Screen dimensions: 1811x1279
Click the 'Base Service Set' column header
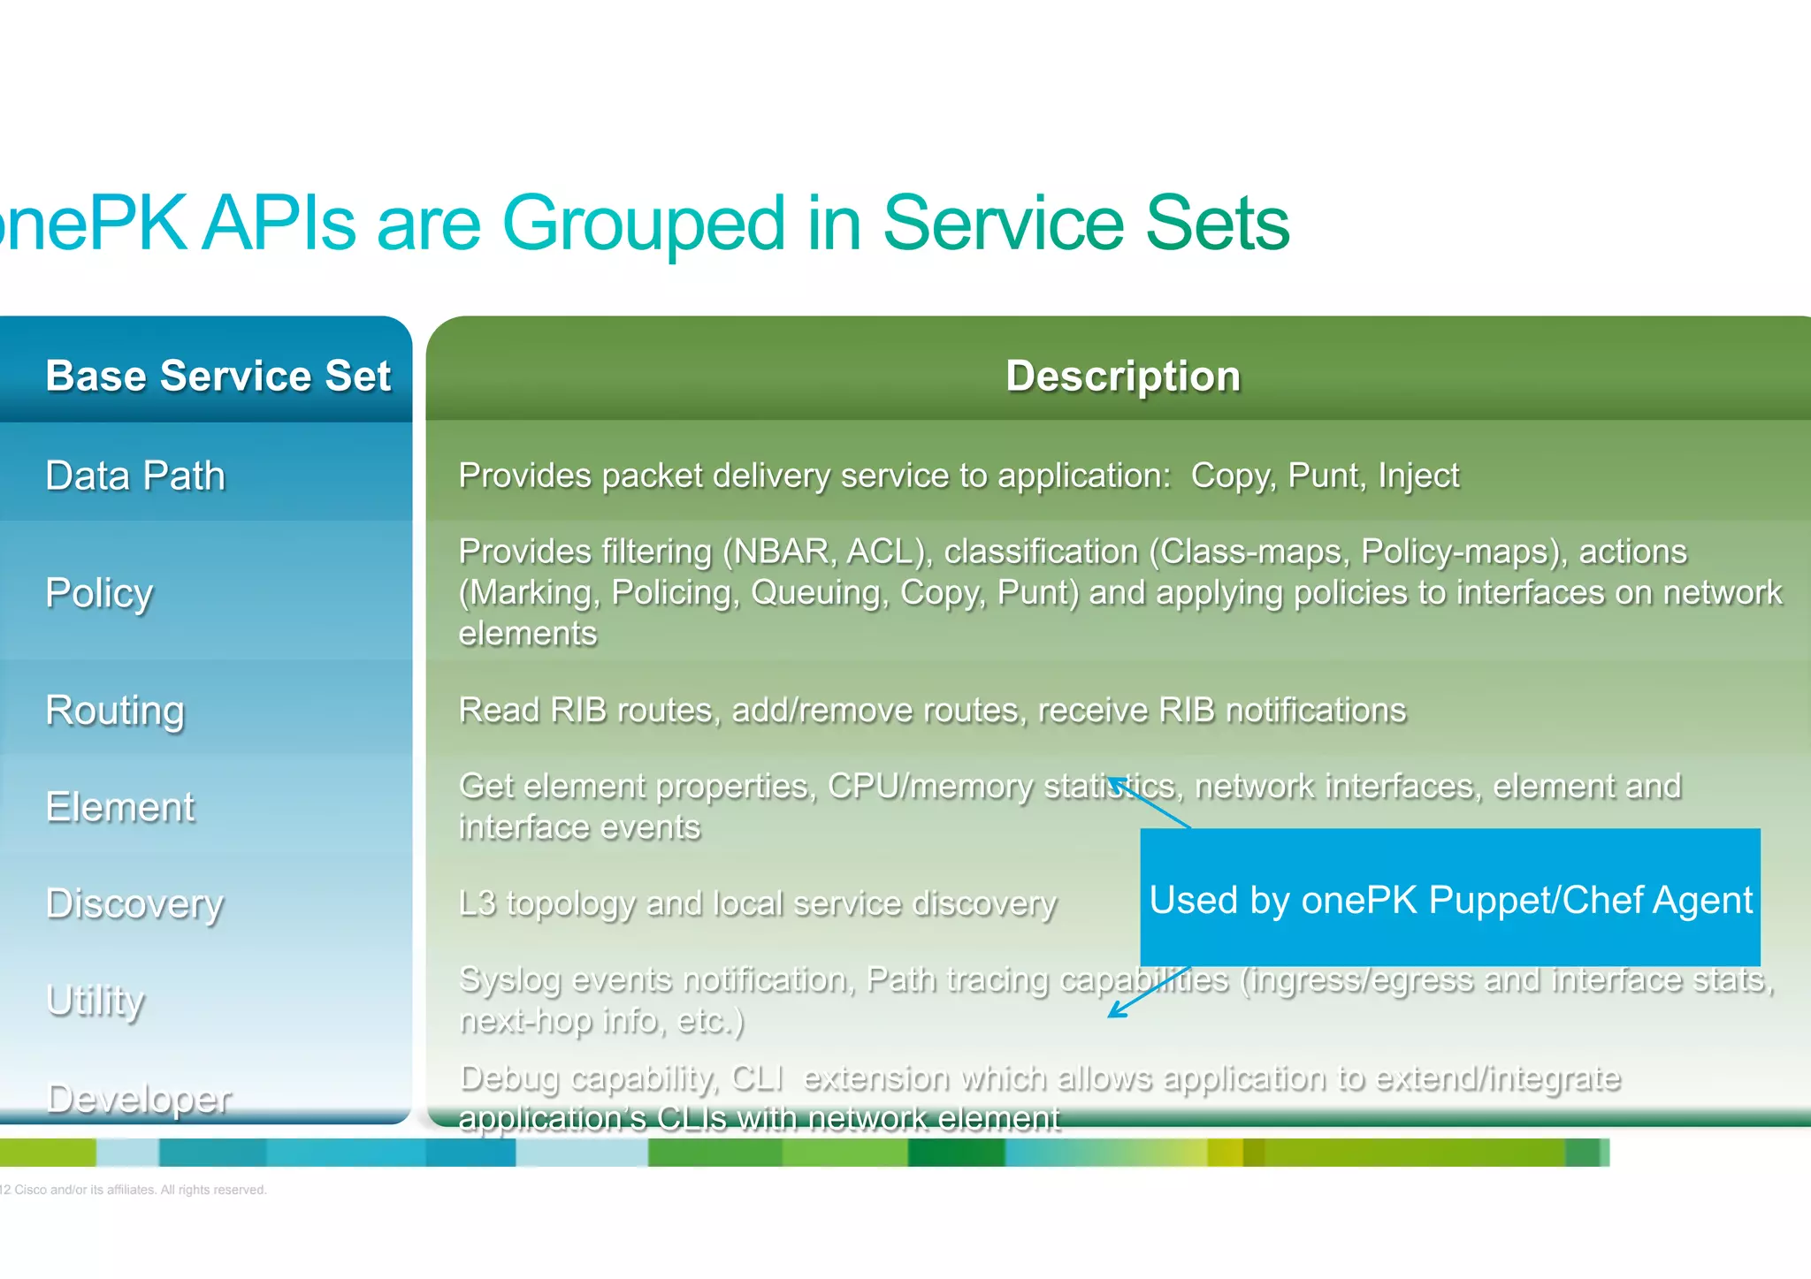tap(218, 376)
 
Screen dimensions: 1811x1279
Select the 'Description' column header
tap(1123, 376)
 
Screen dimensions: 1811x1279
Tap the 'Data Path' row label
tap(135, 476)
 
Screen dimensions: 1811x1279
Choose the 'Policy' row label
tap(99, 592)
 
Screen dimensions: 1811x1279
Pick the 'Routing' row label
tap(115, 710)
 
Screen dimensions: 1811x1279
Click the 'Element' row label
tap(120, 807)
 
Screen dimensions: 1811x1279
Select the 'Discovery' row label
tap(134, 903)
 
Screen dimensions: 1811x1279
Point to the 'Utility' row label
tap(95, 1001)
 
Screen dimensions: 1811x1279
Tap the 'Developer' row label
tap(139, 1098)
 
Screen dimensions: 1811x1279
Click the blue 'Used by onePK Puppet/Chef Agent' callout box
tap(1450, 898)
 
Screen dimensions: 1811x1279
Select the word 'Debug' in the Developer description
tap(509, 1078)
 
